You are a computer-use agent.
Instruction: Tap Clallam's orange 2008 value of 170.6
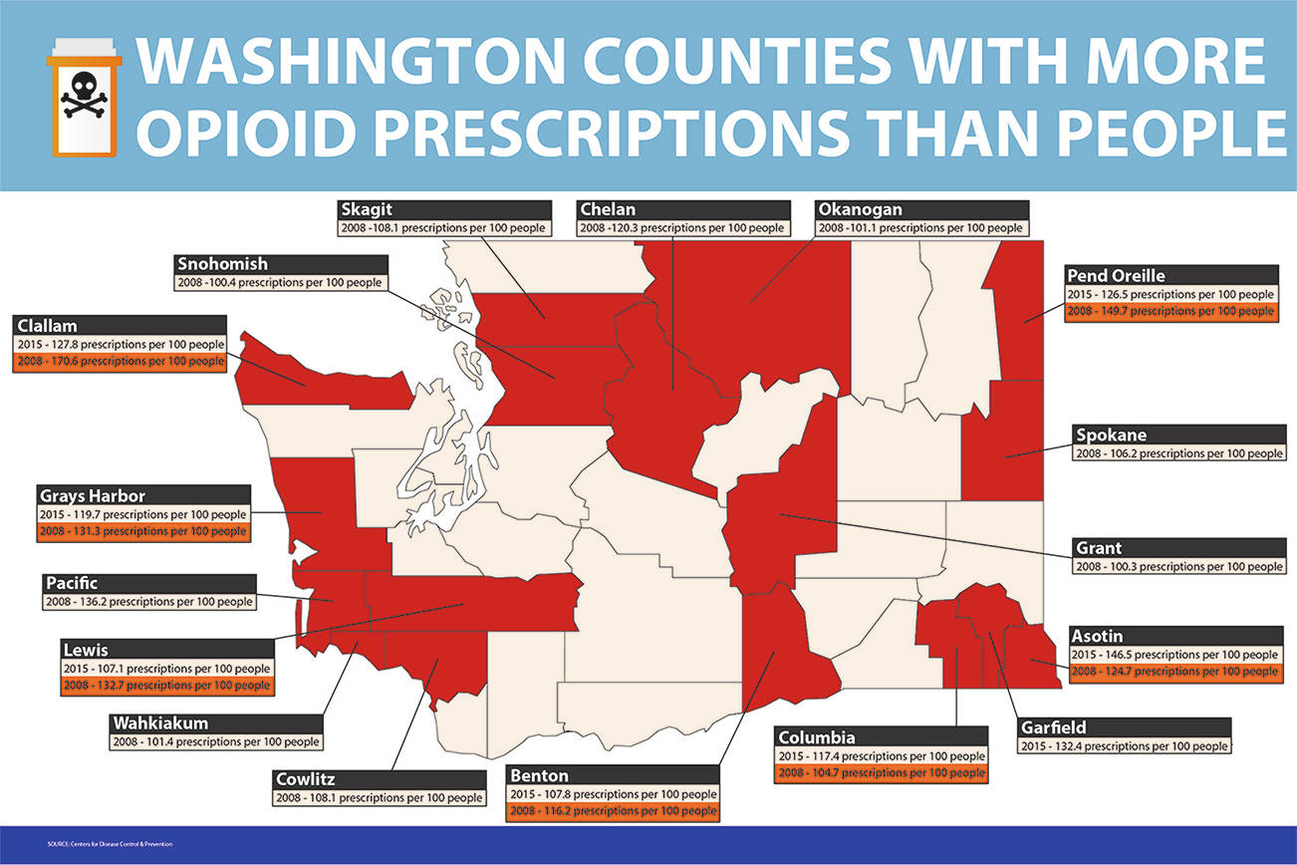pyautogui.click(x=122, y=362)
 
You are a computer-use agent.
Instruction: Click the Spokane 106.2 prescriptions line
pyautogui.click(x=1178, y=453)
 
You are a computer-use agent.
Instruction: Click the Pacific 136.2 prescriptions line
pyautogui.click(x=148, y=602)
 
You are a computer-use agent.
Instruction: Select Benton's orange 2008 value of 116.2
pyautogui.click(x=612, y=812)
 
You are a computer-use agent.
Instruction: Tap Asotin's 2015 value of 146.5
pyautogui.click(x=1173, y=655)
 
